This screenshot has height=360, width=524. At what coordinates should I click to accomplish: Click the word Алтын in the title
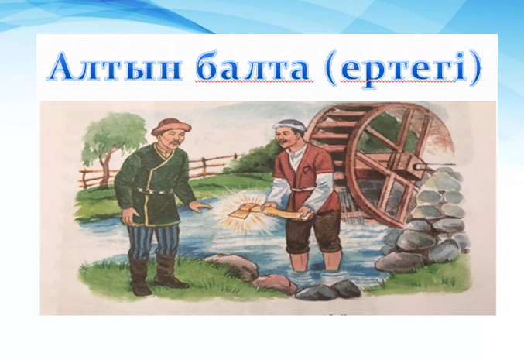pos(115,67)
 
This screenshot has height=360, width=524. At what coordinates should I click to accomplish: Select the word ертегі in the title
pos(402,69)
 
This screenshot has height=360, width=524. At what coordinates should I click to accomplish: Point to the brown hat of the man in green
pos(171,126)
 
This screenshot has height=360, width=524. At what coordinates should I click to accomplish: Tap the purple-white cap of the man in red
pos(289,125)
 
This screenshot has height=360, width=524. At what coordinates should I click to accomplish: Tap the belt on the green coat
pos(152,191)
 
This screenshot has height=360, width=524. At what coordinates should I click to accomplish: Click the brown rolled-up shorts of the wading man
pos(313,231)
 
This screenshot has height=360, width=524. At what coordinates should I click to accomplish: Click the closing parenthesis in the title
pos(474,69)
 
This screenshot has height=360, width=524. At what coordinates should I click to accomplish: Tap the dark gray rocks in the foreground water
pos(328,290)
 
